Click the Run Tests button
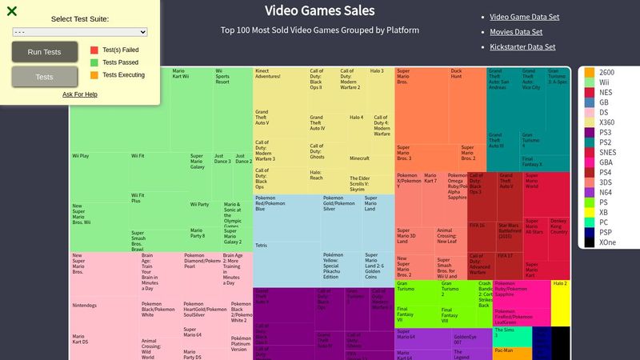[44, 52]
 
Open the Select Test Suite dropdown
[80, 32]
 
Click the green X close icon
[12, 11]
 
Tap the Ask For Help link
[80, 94]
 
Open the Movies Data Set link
[515, 32]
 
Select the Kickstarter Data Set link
[522, 47]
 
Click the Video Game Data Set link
[524, 17]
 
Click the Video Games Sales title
[319, 11]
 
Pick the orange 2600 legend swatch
[590, 73]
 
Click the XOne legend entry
[606, 242]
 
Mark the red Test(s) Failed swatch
[94, 49]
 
